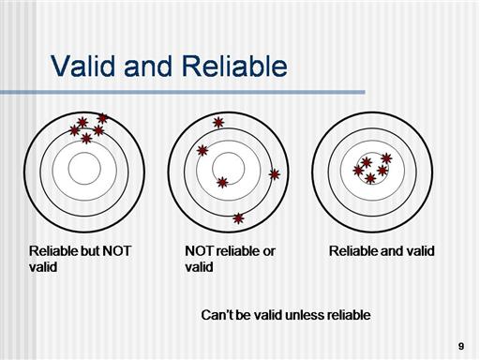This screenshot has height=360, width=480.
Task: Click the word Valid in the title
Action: tap(82, 67)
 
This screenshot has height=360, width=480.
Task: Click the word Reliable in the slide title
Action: tap(234, 67)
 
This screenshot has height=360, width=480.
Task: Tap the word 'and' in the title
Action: tap(148, 67)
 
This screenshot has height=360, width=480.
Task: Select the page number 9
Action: tap(461, 346)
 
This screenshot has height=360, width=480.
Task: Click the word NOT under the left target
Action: tap(116, 251)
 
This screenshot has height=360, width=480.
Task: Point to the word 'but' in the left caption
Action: tap(90, 251)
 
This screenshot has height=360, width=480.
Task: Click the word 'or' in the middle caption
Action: tap(269, 251)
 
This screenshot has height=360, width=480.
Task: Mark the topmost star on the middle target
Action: tap(218, 123)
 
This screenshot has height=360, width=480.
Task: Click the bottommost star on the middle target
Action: tap(238, 218)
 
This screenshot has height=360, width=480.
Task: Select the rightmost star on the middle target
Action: tap(275, 174)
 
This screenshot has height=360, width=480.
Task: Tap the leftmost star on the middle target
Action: tap(202, 151)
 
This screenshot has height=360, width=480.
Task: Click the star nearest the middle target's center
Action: tap(222, 182)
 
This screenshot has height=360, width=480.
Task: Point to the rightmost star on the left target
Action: tap(102, 118)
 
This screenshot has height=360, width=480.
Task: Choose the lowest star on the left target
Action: tap(86, 138)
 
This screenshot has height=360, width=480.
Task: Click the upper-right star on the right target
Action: tap(386, 158)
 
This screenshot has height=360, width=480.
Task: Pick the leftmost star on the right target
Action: tap(358, 171)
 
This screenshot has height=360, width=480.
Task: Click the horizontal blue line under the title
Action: tap(183, 92)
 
